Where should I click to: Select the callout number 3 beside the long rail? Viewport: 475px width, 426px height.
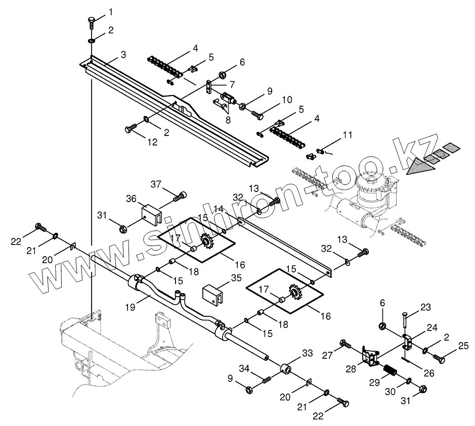pyautogui.click(x=123, y=54)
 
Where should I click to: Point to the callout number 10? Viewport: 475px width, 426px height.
pyautogui.click(x=287, y=100)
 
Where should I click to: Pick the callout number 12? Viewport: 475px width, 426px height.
pyautogui.click(x=152, y=143)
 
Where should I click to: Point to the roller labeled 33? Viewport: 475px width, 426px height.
pyautogui.click(x=288, y=369)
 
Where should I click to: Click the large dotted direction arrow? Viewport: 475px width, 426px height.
pyautogui.click(x=419, y=165)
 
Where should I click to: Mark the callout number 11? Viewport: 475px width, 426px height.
pyautogui.click(x=347, y=135)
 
